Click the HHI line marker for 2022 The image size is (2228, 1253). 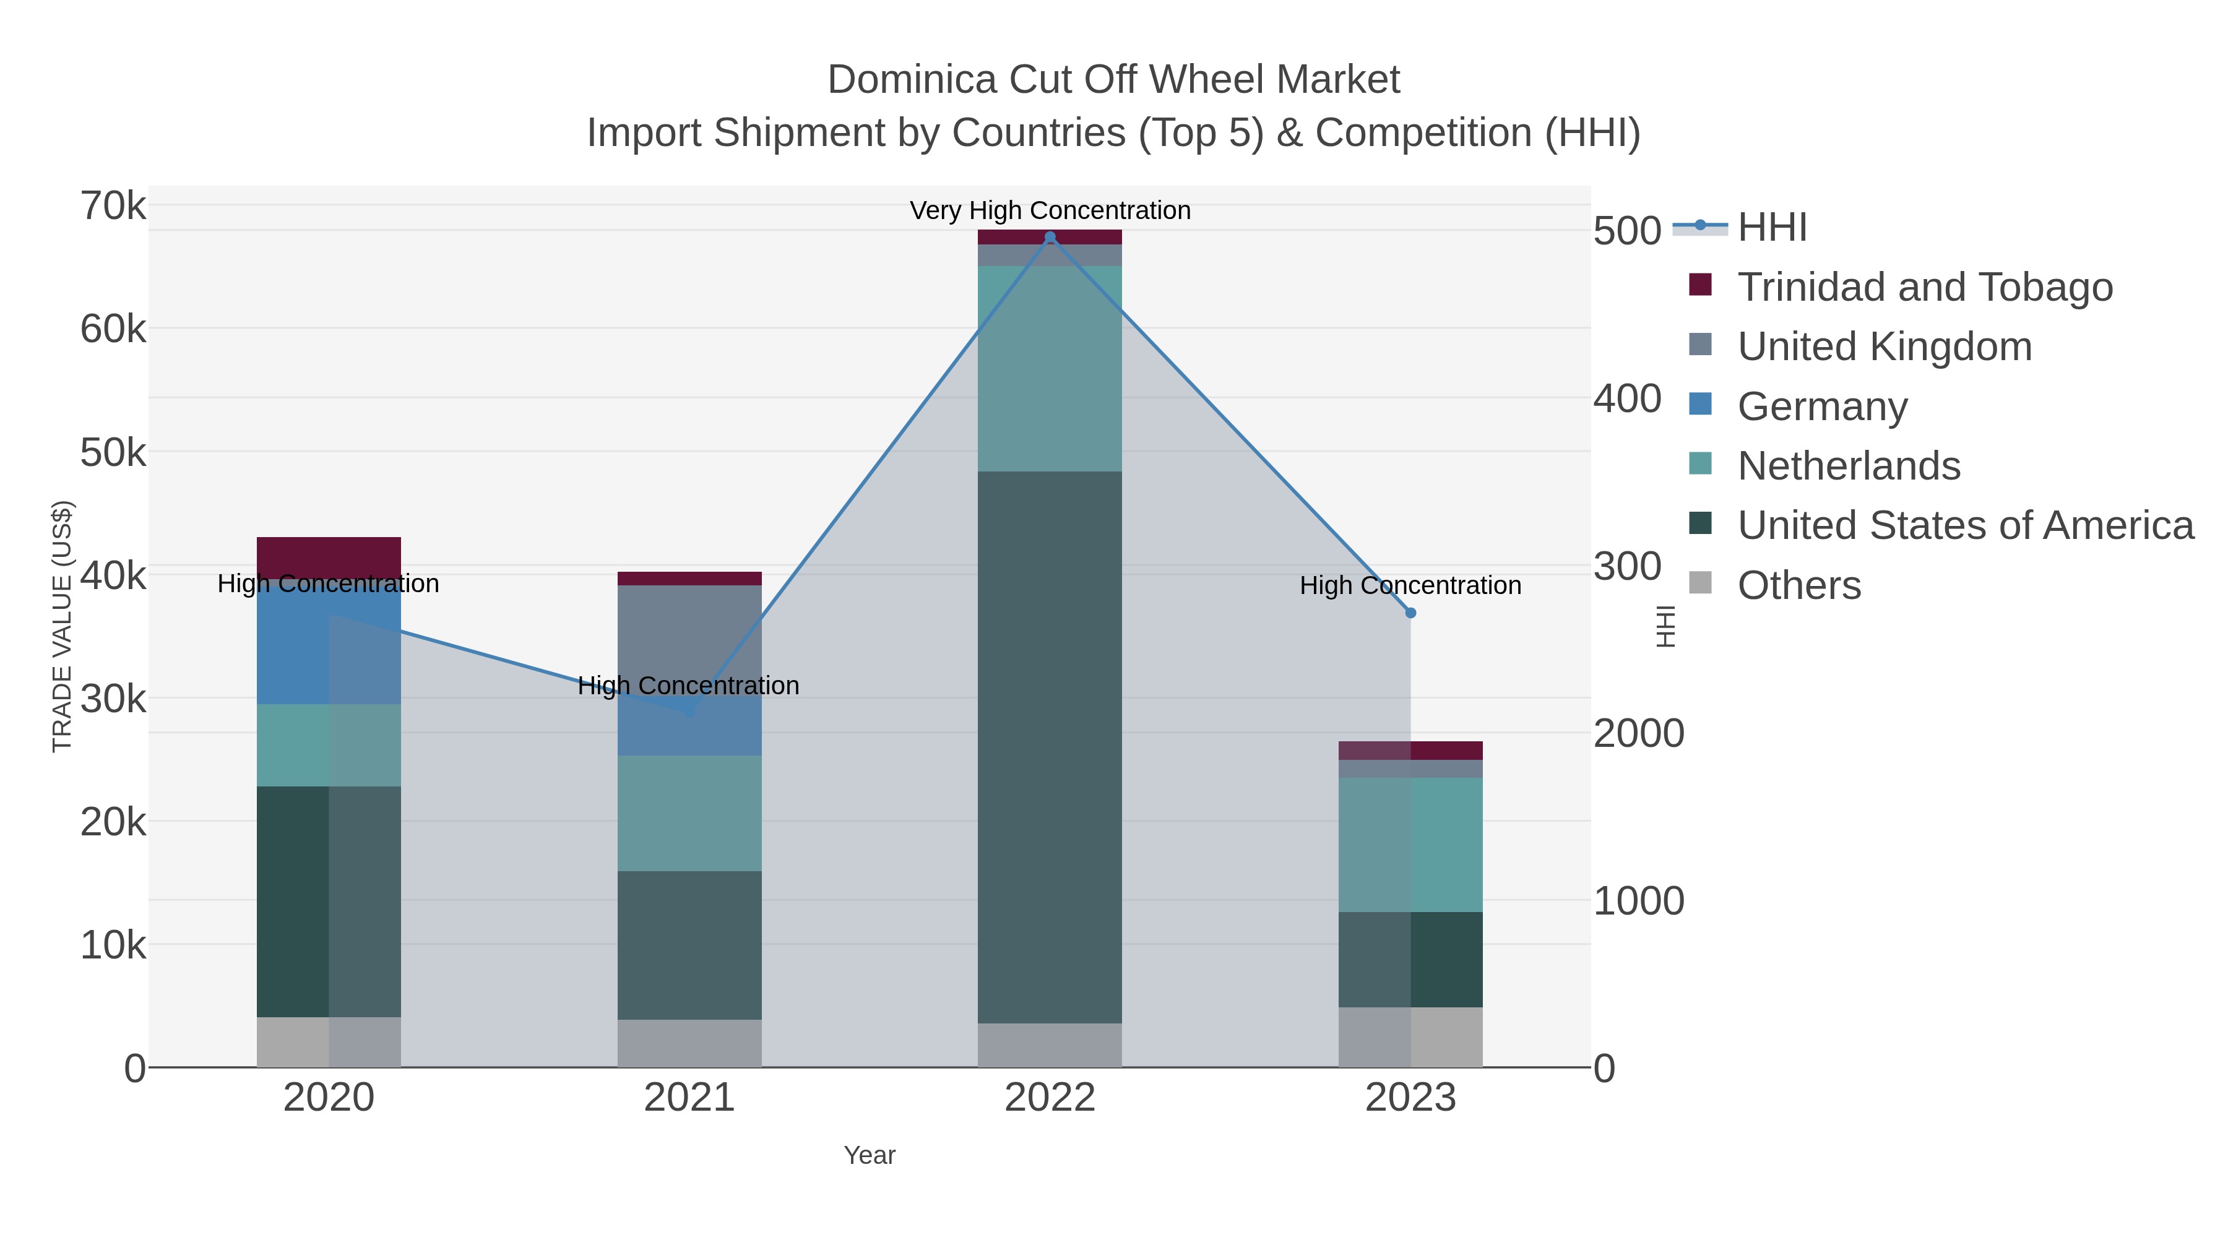[1050, 237]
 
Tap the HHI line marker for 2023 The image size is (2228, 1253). [1410, 612]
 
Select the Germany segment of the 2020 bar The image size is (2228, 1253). [329, 644]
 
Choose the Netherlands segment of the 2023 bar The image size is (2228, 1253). [1410, 844]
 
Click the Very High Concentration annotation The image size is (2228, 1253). [1050, 210]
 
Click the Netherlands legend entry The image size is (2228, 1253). [1848, 465]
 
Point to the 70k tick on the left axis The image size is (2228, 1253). [113, 207]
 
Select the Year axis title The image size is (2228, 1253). [870, 1155]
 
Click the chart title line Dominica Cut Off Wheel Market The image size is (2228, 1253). [1113, 80]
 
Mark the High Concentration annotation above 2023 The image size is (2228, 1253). [1410, 585]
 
